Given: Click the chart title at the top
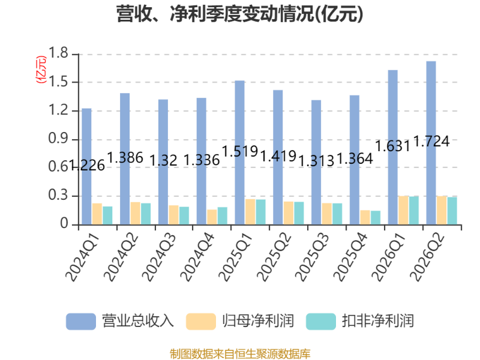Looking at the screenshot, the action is tap(239, 14).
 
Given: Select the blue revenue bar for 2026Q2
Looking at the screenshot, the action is tap(431, 143).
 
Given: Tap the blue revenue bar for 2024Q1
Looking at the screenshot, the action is tap(86, 167).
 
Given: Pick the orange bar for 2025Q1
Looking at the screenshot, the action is tap(250, 212).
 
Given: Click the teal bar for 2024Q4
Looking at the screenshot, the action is tap(223, 216).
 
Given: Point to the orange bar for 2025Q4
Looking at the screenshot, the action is tap(365, 217).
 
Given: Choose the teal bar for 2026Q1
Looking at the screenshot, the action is tap(414, 211).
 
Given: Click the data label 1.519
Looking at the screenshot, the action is tap(240, 151).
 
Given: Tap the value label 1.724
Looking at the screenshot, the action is tap(431, 142).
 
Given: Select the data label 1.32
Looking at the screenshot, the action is tap(163, 160).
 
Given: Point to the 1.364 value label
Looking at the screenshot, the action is tap(355, 158).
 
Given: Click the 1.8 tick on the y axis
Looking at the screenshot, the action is tap(58, 53).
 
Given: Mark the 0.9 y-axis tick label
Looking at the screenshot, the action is tap(58, 139).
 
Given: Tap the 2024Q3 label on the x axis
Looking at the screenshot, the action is tap(159, 257).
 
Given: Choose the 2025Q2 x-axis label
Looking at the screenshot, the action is tap(274, 257).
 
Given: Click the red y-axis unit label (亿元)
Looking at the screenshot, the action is tap(41, 70).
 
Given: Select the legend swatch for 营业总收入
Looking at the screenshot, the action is tap(81, 322).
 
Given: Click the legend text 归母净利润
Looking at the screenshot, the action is tap(258, 321).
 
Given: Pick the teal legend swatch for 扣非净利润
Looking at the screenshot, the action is tap(321, 322).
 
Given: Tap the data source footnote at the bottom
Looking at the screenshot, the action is tap(240, 354).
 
